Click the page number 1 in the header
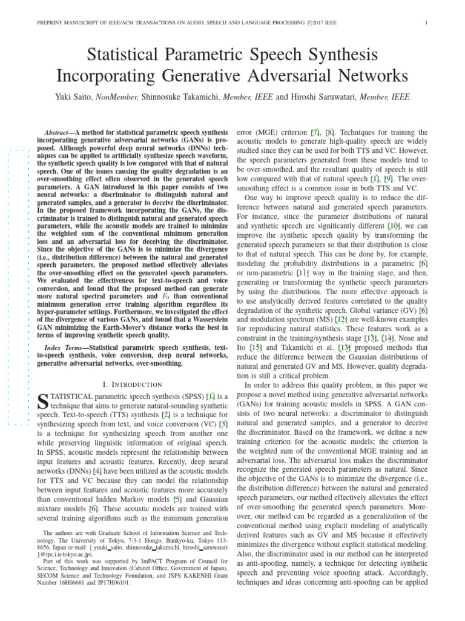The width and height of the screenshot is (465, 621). pos(427,24)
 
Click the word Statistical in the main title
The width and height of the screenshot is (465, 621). pos(127,57)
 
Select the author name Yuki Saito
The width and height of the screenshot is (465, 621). pos(74,97)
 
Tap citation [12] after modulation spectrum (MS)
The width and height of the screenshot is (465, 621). pos(342,318)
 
